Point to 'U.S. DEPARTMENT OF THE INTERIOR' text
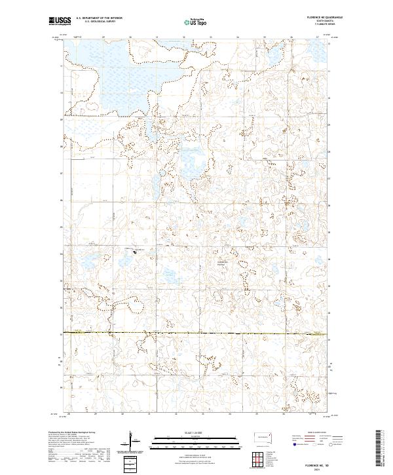click(98, 18)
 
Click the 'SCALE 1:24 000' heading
click(190, 431)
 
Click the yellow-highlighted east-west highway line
click(196, 334)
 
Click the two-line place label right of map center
click(223, 263)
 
